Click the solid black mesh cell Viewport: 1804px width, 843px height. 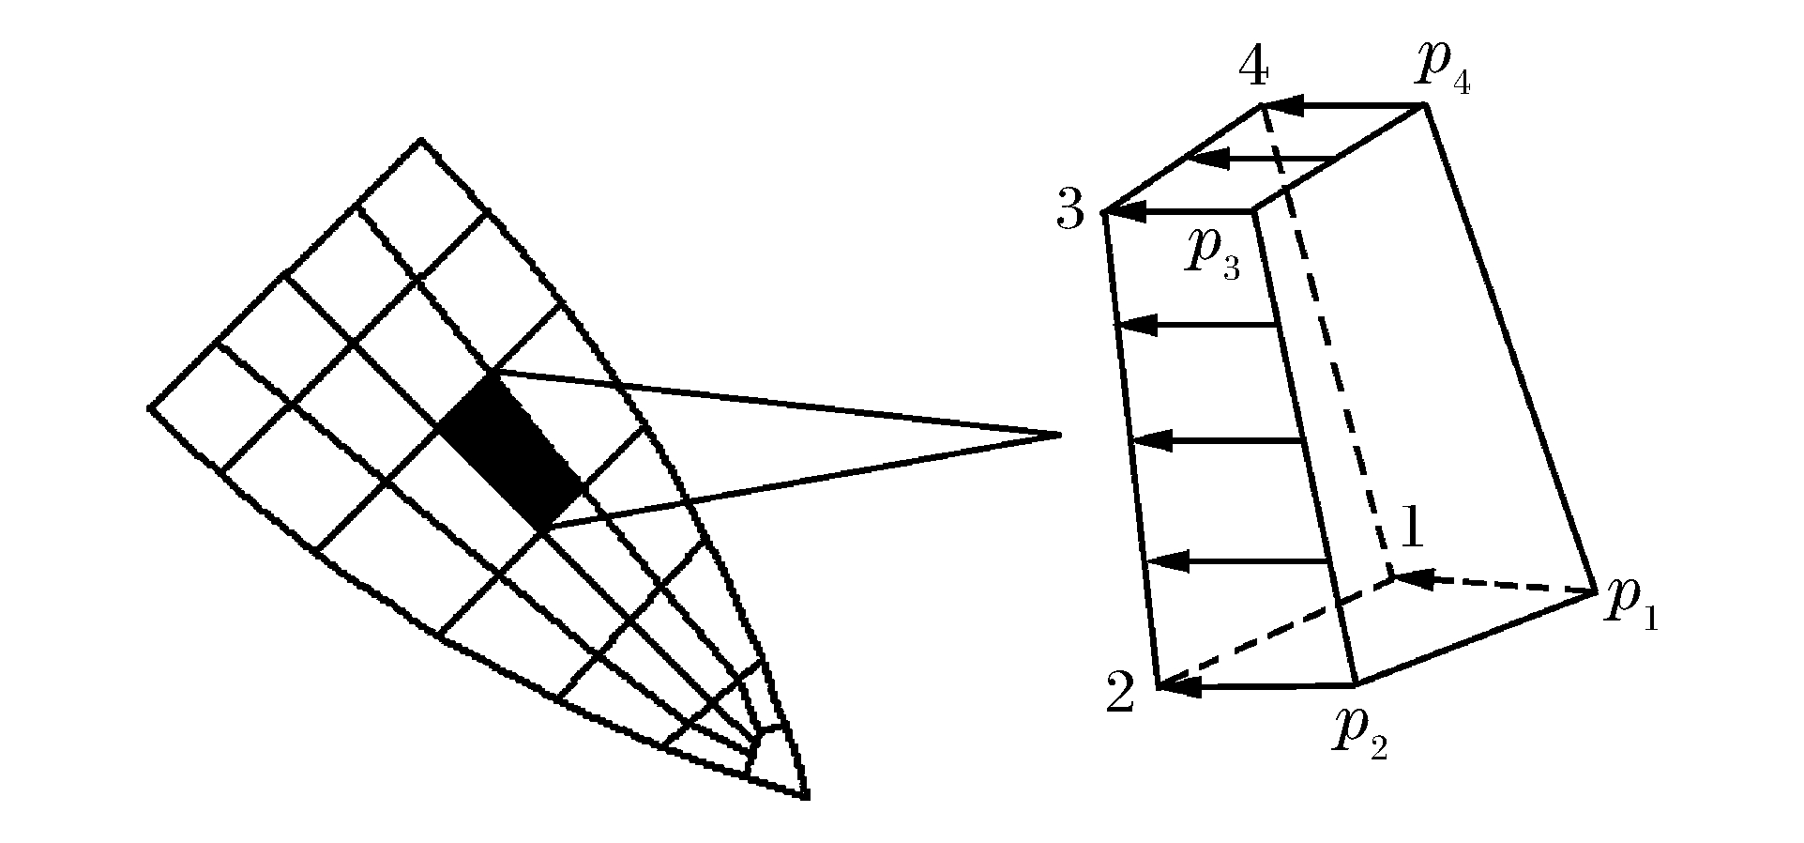pos(511,450)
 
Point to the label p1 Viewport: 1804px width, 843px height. pos(1631,603)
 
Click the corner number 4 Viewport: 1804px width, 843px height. pos(1254,67)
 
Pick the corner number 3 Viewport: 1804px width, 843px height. pos(1070,210)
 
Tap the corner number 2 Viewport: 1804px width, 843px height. pos(1120,693)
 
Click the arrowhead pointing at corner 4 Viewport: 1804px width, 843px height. pos(1281,106)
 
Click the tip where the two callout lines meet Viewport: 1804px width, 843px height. pos(1060,435)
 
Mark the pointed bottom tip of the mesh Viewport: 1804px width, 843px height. pos(807,798)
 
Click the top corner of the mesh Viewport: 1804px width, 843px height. pos(421,140)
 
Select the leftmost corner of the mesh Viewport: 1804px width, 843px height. pos(150,407)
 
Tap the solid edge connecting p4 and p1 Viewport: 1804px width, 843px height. pos(1510,348)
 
